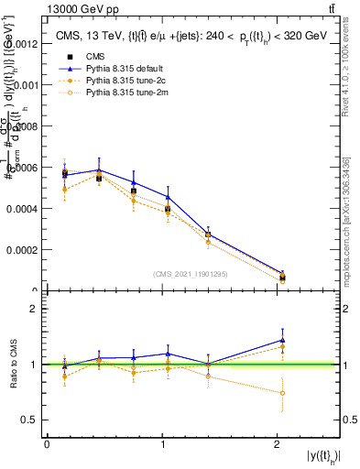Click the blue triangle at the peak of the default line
pos(99,169)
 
